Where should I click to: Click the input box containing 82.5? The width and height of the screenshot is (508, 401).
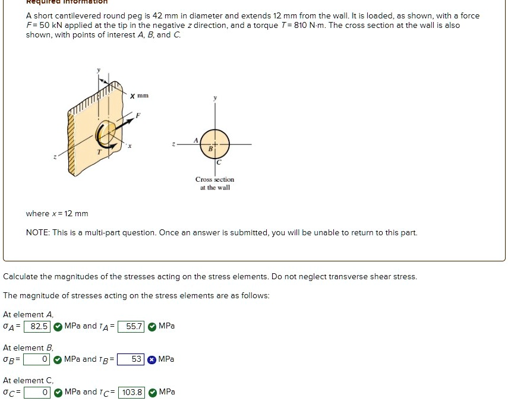37,326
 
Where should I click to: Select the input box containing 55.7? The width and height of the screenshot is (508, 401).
131,326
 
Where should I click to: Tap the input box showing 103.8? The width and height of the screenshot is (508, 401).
132,392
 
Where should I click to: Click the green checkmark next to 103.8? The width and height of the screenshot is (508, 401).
152,392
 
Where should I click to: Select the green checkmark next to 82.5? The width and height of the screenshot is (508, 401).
58,326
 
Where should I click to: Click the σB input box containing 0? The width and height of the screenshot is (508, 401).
37,359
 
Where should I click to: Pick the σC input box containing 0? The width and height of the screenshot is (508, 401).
37,392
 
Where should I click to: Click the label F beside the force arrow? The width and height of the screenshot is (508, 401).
138,115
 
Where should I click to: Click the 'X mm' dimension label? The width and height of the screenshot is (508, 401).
139,95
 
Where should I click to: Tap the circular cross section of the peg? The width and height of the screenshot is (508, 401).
216,144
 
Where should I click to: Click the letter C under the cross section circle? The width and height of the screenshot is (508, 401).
219,162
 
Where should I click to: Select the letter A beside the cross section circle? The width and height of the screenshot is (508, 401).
195,140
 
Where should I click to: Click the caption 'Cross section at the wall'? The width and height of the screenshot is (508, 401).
214,183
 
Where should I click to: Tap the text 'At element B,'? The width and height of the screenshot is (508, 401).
28,348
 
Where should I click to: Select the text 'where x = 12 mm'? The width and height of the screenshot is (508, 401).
56,213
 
